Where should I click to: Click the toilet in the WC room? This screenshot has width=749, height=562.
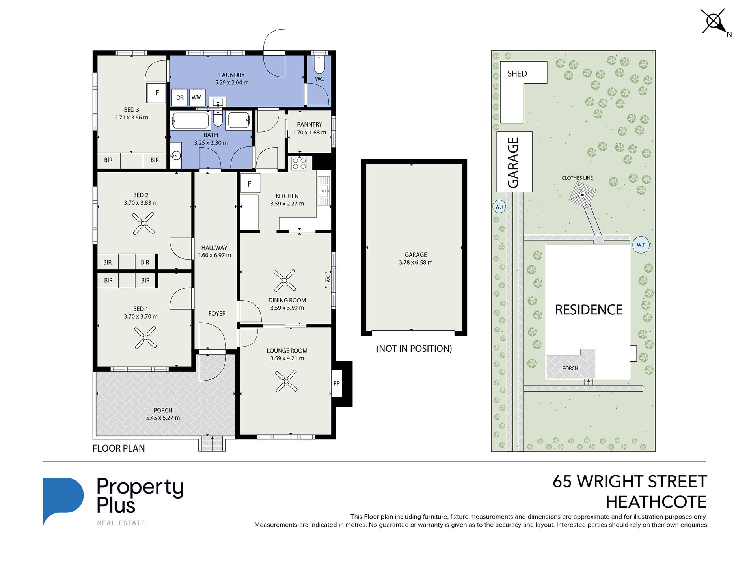click(x=319, y=64)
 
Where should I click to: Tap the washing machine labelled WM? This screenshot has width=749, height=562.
click(x=197, y=97)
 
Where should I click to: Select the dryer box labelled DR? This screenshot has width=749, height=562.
click(x=180, y=98)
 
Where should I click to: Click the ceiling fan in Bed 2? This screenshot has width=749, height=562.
click(x=143, y=224)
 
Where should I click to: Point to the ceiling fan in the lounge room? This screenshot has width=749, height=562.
click(x=286, y=381)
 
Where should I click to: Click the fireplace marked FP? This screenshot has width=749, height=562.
click(x=336, y=383)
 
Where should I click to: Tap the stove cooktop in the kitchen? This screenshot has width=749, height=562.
click(x=299, y=163)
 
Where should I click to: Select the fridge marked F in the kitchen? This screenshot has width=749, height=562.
click(x=250, y=183)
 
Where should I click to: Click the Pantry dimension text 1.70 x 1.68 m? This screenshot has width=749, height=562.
click(x=309, y=133)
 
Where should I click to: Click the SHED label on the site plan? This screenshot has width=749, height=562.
click(x=517, y=74)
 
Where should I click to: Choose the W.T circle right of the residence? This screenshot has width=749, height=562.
click(x=641, y=245)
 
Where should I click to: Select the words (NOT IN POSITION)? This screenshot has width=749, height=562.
click(x=414, y=349)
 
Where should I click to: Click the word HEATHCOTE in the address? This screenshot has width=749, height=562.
click(x=656, y=502)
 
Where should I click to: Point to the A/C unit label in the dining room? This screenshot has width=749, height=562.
click(x=328, y=279)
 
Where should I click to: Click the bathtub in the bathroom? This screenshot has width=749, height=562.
click(x=190, y=121)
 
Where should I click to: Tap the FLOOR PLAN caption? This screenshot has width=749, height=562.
click(x=119, y=448)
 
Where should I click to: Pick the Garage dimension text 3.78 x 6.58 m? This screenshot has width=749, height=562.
click(x=415, y=263)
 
